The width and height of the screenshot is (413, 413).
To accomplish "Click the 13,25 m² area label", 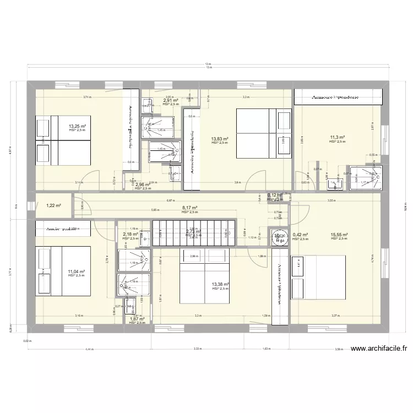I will click(x=77, y=126).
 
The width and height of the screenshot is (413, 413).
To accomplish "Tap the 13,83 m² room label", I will click(x=219, y=139).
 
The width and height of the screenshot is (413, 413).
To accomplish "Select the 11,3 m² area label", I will click(x=337, y=138).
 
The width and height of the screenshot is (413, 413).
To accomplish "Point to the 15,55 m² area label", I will click(x=339, y=235).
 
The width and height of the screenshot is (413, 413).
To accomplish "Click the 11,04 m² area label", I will click(x=77, y=271).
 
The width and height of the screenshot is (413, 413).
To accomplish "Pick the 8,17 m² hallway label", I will click(x=189, y=208).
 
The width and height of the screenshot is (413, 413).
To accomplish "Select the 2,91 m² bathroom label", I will click(x=170, y=101).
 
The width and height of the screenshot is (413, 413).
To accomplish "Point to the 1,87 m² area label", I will click(x=137, y=319).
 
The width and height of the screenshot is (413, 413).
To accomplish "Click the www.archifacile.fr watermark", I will click(x=379, y=348).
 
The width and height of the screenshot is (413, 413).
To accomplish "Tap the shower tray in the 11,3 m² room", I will click(x=364, y=177).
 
